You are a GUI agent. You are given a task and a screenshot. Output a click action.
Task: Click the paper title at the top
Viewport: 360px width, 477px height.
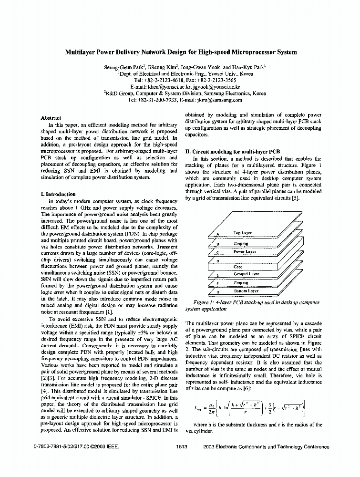(180, 52)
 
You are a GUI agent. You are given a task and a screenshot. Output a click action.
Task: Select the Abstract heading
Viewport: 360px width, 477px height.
(51, 118)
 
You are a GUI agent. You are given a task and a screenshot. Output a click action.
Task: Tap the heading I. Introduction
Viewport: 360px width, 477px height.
(59, 194)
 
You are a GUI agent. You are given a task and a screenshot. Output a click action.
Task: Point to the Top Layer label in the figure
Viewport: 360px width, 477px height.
(243, 233)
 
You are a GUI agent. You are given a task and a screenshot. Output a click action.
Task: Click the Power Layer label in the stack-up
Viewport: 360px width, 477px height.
(245, 251)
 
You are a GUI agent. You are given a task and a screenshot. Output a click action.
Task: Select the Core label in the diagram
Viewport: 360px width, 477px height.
(238, 267)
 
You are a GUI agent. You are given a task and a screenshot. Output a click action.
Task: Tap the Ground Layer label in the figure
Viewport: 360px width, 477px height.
(247, 274)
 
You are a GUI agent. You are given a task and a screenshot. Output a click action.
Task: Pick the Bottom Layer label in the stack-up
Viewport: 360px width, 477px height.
(247, 290)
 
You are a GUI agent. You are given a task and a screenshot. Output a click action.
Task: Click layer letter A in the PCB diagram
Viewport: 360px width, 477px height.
(217, 234)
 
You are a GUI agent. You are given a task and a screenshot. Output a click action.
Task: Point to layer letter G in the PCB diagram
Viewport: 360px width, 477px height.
(217, 291)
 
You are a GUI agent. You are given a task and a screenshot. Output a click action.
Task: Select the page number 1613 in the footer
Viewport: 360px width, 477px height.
(182, 447)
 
